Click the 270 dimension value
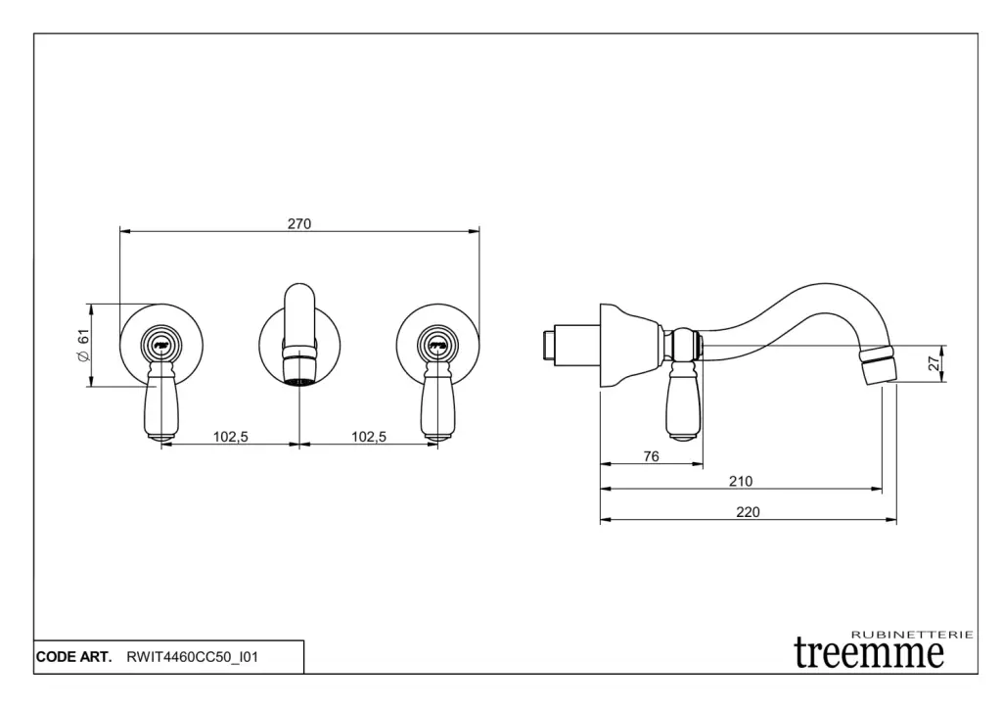point(299,224)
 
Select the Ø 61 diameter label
point(84,346)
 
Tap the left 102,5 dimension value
point(231,437)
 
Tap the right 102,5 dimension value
point(369,437)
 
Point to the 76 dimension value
point(651,456)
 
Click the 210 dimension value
point(741,481)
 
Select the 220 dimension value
point(748,511)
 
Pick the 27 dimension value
point(934,363)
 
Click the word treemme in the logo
point(869,652)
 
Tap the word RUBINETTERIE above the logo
point(913,635)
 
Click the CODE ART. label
point(73,657)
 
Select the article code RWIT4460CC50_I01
point(193,657)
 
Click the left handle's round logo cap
point(161,345)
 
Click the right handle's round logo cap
point(437,345)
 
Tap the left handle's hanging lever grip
point(160,407)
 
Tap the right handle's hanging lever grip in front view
point(436,407)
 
